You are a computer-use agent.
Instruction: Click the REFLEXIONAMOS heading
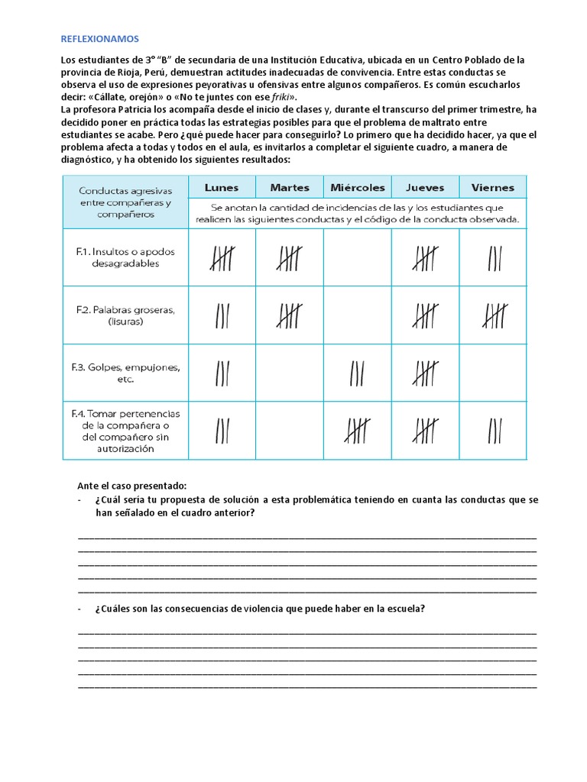point(100,38)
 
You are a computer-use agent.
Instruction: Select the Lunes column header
point(221,187)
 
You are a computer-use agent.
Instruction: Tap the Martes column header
point(290,187)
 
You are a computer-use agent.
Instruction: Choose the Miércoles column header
point(358,187)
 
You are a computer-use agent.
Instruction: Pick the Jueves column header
point(425,187)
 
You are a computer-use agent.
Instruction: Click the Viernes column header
point(493,187)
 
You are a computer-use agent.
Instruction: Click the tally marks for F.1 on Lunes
point(222,258)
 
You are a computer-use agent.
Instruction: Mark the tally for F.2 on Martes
point(290,315)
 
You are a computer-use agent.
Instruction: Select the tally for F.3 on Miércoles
point(357,373)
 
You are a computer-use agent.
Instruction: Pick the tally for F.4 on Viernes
point(494,430)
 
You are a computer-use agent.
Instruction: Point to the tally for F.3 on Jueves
point(425,373)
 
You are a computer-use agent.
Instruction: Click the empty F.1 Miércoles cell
point(358,257)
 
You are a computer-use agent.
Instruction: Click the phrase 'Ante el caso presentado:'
point(132,486)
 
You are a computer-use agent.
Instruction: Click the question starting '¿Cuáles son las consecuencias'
point(260,609)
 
